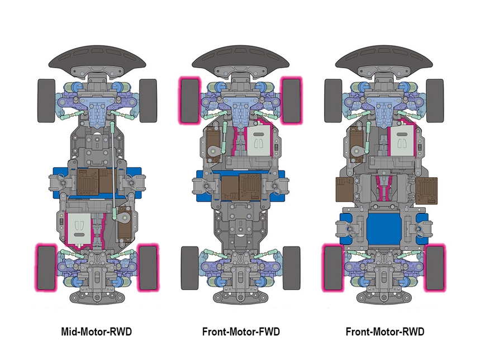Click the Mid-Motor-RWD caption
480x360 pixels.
pos(96,332)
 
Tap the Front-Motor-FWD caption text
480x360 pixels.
pos(240,332)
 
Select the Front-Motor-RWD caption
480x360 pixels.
pos(384,332)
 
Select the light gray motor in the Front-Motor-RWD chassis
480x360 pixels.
pos(401,140)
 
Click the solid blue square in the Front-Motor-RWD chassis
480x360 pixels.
pos(384,228)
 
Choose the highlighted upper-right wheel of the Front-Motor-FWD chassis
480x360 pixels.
pos(292,100)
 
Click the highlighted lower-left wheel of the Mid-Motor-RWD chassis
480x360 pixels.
pos(45,268)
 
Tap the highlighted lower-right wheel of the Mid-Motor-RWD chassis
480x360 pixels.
pos(148,268)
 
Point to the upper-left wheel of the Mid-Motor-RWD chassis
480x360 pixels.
pos(45,101)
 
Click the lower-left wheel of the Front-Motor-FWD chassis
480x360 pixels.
pos(189,268)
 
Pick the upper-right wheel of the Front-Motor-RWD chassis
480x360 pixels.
pos(435,101)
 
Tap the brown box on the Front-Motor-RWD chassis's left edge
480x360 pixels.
pos(343,190)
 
